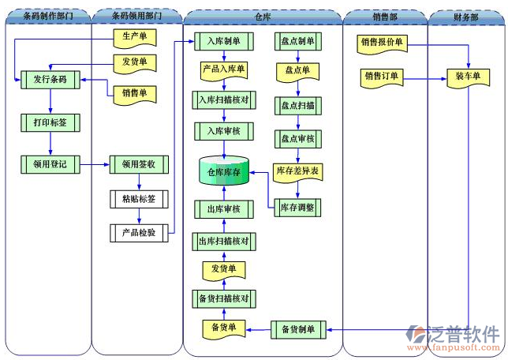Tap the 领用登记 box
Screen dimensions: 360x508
pos(49,164)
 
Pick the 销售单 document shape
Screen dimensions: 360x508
pos(135,94)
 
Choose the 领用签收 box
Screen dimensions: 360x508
pos(139,164)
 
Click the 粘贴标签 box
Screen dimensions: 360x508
pos(139,198)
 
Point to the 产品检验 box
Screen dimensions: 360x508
pos(139,233)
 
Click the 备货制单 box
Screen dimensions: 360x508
pos(297,328)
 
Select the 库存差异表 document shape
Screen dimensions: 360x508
pos(297,171)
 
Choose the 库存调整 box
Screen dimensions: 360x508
pos(297,208)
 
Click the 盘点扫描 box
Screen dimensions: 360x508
pos(297,105)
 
